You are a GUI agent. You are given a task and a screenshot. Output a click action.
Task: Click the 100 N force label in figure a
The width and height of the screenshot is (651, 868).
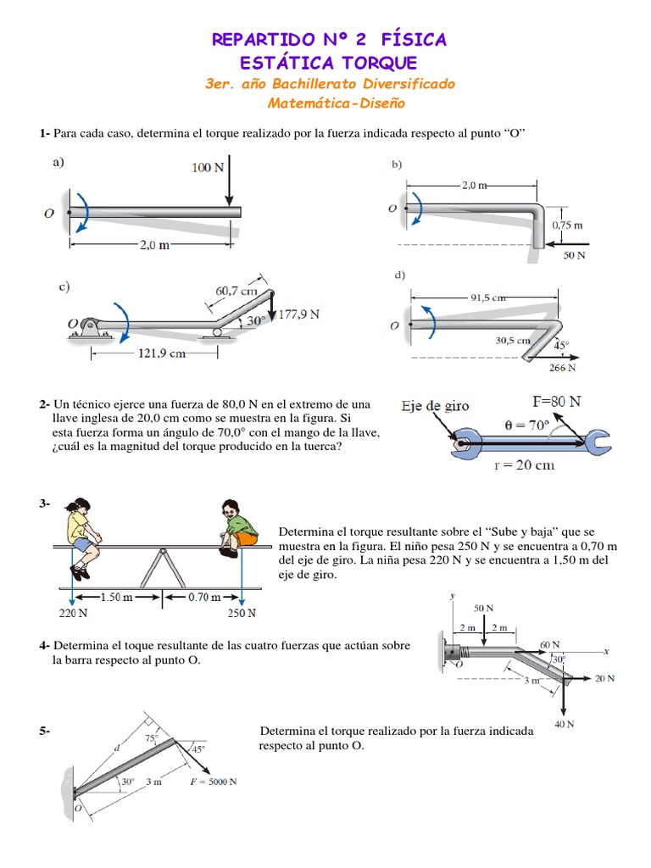[x=207, y=168]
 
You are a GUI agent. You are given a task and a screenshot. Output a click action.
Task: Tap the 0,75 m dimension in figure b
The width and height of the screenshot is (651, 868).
[x=566, y=225]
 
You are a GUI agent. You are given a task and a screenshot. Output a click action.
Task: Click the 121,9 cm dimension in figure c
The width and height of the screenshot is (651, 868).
[x=161, y=354]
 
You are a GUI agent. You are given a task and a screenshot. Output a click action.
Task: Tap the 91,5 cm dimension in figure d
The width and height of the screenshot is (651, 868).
[x=487, y=298]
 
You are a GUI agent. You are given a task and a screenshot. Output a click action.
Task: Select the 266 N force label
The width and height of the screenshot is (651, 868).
[x=561, y=368]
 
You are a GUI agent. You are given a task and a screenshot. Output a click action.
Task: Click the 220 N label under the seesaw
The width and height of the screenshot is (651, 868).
[x=75, y=613]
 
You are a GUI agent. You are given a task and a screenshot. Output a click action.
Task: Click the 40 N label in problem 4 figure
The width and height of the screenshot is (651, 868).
[x=565, y=724]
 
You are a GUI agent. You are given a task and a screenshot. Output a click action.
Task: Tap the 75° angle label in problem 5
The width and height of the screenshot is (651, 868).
[x=151, y=738]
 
